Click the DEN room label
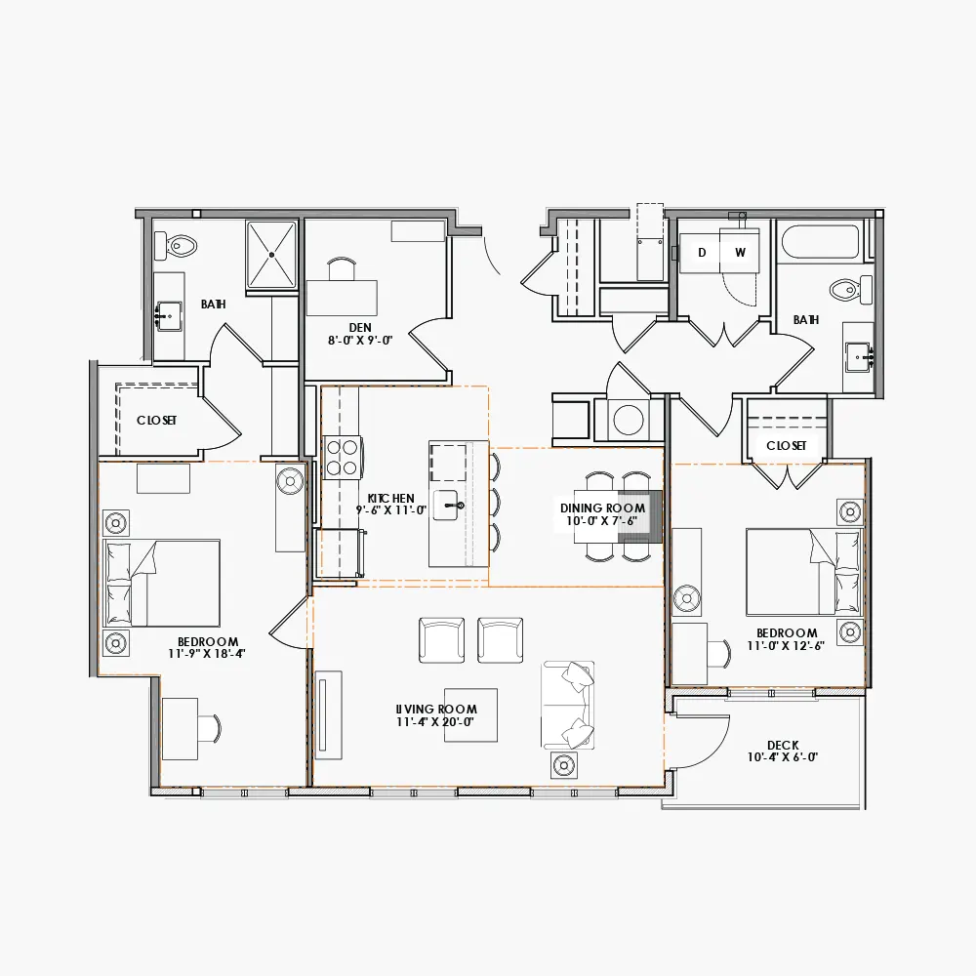coord(359,327)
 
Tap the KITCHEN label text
coord(391,498)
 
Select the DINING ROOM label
coord(602,508)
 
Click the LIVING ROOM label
coord(436,710)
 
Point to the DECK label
coord(783,746)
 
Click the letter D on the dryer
coord(701,252)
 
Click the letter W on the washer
coord(740,252)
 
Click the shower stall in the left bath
coord(270,255)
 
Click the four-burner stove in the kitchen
coord(343,457)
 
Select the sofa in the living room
coord(568,705)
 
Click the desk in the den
coord(342,297)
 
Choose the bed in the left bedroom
coord(163,583)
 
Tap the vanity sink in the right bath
coord(860,355)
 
